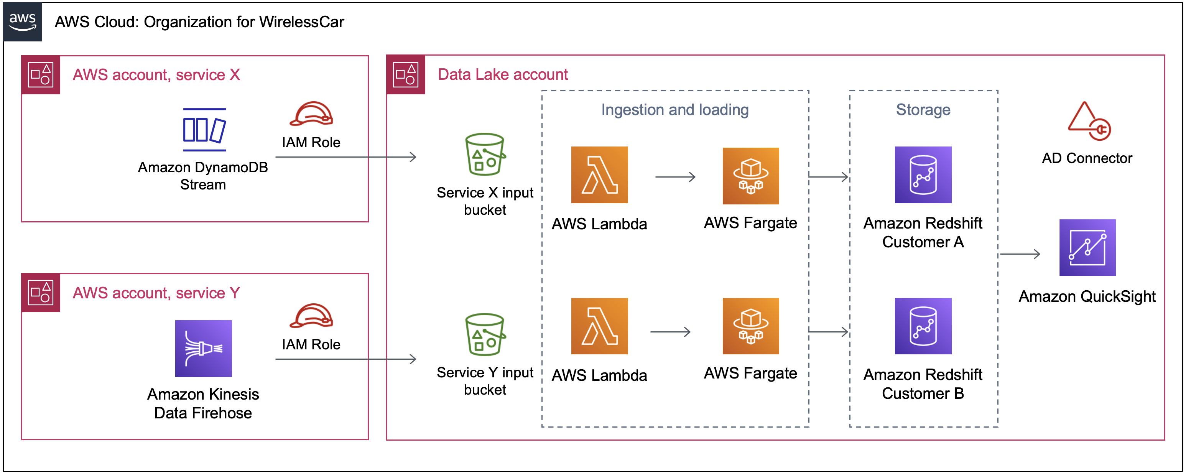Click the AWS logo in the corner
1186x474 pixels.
pos(23,21)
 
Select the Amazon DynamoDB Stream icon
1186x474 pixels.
pos(204,130)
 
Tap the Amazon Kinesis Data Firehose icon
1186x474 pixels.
pos(204,348)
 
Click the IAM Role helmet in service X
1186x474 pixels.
pos(311,114)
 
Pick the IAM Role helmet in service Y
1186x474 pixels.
pos(311,316)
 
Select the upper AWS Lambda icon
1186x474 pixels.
pos(599,175)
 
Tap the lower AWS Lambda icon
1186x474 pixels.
pos(599,326)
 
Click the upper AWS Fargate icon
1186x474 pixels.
pos(750,176)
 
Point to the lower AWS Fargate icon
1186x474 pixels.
pos(750,326)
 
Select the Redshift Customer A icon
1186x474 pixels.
pos(923,175)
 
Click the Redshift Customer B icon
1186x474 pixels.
pos(923,326)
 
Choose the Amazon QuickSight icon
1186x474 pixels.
pos(1087,248)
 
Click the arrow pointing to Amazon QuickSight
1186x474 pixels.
pos(1020,254)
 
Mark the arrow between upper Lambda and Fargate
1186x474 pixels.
pos(675,177)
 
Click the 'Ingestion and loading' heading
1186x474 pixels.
pos(674,110)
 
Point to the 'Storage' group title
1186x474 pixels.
pos(923,110)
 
